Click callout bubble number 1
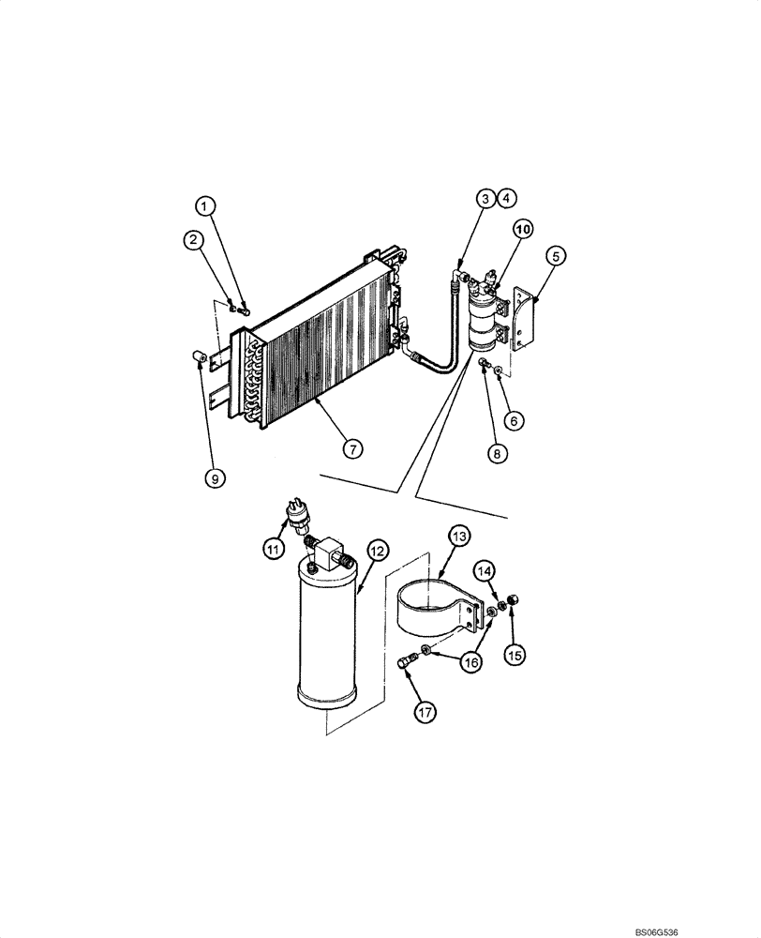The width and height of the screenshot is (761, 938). point(205,205)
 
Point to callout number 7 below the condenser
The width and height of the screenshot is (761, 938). point(351,449)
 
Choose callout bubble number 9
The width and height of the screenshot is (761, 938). point(215,478)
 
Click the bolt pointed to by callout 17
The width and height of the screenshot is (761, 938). point(405,664)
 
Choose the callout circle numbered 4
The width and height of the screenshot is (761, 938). point(506,198)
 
